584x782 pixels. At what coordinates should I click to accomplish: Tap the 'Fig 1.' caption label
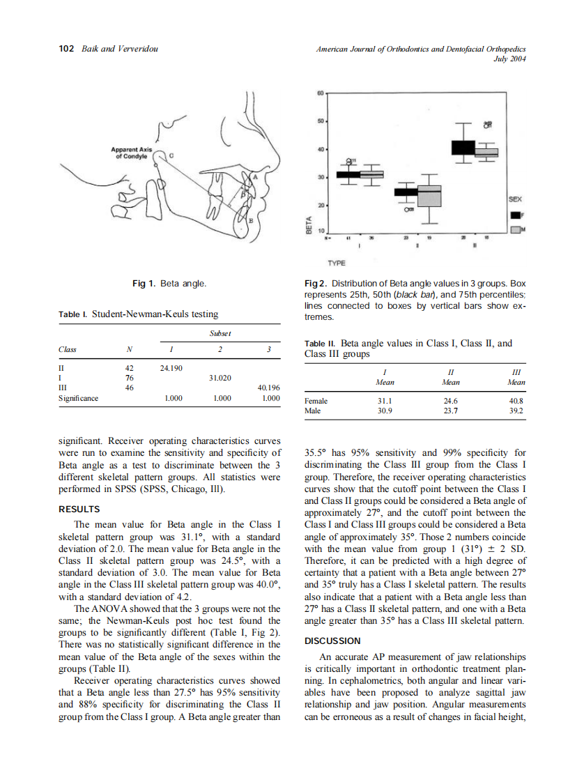tap(144, 284)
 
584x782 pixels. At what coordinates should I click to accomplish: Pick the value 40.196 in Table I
tap(268, 387)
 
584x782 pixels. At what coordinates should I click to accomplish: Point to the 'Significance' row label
tap(78, 399)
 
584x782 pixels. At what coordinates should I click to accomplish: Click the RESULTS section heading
tap(79, 509)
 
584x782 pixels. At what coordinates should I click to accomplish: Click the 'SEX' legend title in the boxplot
tap(515, 199)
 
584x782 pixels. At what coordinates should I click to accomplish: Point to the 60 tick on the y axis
tap(320, 93)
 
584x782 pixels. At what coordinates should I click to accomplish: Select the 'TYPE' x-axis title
tap(337, 263)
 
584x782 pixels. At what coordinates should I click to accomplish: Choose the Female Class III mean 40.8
tap(516, 401)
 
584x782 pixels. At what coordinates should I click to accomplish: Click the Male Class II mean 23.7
tap(450, 411)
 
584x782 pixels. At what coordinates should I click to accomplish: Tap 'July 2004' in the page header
tap(509, 59)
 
